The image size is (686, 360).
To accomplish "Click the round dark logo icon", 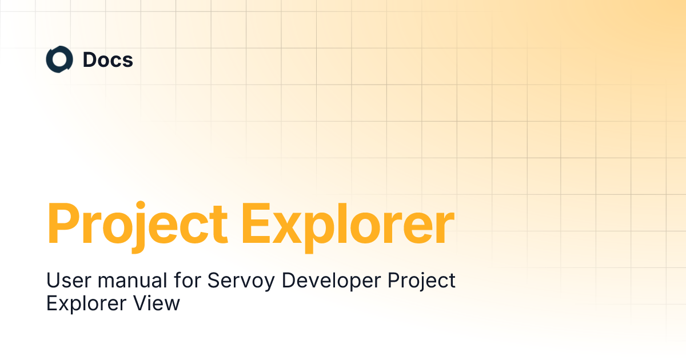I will tap(59, 60).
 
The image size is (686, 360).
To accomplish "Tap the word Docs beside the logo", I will tap(108, 60).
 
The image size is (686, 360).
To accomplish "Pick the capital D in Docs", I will tap(90, 60).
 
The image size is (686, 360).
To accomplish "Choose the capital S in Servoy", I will tap(214, 281).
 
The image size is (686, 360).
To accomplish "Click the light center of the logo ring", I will tap(59, 60).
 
